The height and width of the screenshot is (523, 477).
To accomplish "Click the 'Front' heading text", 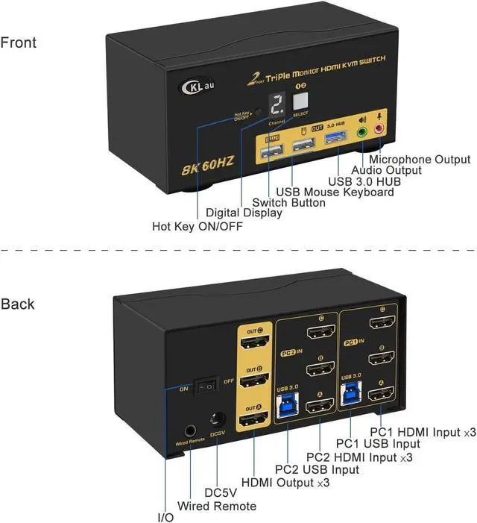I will (x=18, y=43).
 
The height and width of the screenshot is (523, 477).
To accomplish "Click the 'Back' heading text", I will (x=17, y=304).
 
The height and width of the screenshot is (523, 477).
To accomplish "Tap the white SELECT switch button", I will (x=301, y=101).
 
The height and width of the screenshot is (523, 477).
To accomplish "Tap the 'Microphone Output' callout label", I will (x=420, y=159).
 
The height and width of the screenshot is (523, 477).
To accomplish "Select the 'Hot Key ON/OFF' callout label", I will (x=197, y=225).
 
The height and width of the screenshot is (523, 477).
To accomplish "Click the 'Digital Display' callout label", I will (x=244, y=213).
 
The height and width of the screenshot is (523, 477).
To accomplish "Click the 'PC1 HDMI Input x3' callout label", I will (x=423, y=431).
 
